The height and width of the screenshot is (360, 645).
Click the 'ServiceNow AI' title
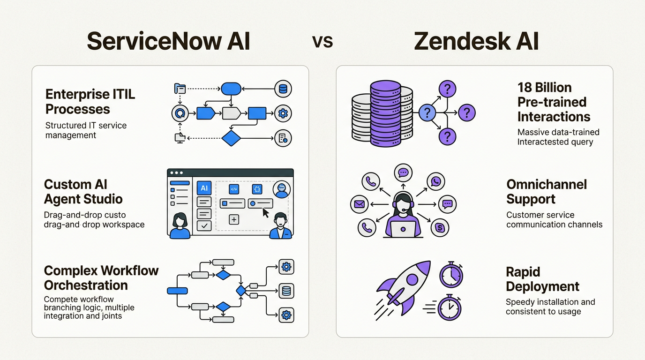click(168, 41)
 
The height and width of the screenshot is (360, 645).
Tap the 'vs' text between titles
click(322, 42)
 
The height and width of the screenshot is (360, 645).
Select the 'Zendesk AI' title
click(476, 41)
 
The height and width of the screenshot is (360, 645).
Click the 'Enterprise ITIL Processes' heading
click(90, 102)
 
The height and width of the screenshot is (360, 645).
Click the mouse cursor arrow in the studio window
click(266, 213)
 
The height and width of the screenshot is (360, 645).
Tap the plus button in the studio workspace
click(234, 219)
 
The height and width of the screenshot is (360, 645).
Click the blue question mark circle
click(427, 112)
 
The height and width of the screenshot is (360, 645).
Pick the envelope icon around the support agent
click(360, 204)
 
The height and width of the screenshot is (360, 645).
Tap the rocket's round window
click(412, 280)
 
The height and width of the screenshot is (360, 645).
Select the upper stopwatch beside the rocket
click(451, 275)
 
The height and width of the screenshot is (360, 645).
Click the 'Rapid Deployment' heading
click(542, 279)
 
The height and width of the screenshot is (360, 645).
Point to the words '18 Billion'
click(544, 88)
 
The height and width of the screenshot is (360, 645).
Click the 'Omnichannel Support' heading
click(547, 192)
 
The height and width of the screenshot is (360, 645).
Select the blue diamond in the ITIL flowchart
click(231, 138)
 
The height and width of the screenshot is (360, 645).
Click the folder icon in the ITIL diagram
click(180, 88)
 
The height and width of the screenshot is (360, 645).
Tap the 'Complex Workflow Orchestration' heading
click(101, 278)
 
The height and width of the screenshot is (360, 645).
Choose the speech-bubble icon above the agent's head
click(403, 173)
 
